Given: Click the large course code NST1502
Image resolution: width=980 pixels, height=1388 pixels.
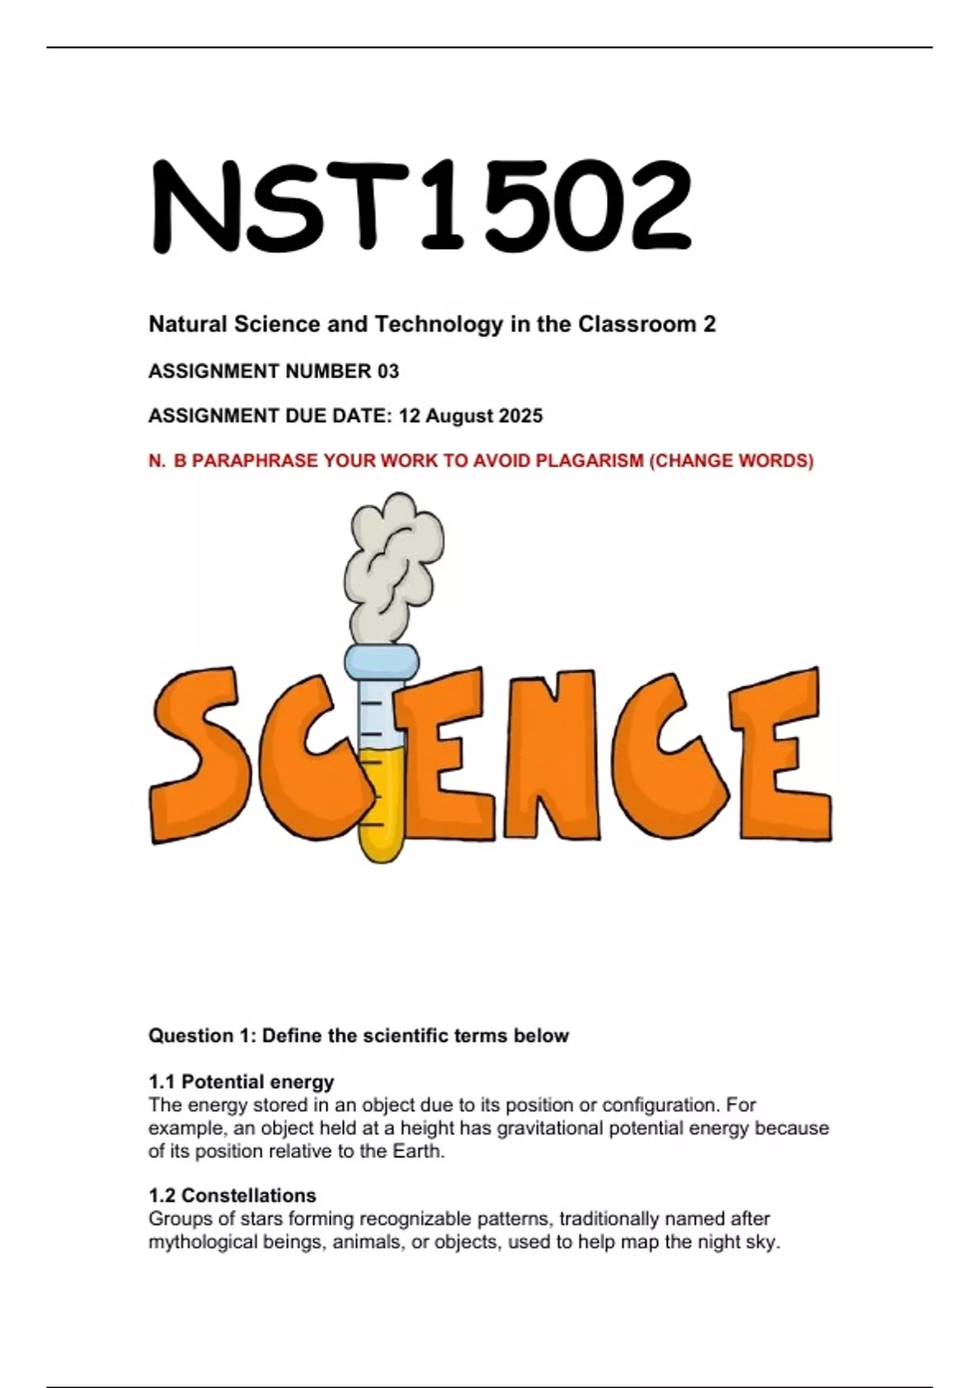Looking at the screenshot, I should coord(421,206).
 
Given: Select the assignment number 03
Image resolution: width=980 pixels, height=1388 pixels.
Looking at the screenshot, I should coord(388,371).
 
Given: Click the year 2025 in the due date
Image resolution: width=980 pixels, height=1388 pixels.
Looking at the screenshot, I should coord(521,416).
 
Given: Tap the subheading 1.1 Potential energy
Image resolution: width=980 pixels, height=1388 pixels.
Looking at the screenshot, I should coord(241,1082).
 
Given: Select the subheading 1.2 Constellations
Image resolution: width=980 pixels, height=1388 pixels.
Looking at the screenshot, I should coord(232,1195).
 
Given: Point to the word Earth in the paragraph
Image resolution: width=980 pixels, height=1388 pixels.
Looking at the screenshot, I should coord(421,1151).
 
